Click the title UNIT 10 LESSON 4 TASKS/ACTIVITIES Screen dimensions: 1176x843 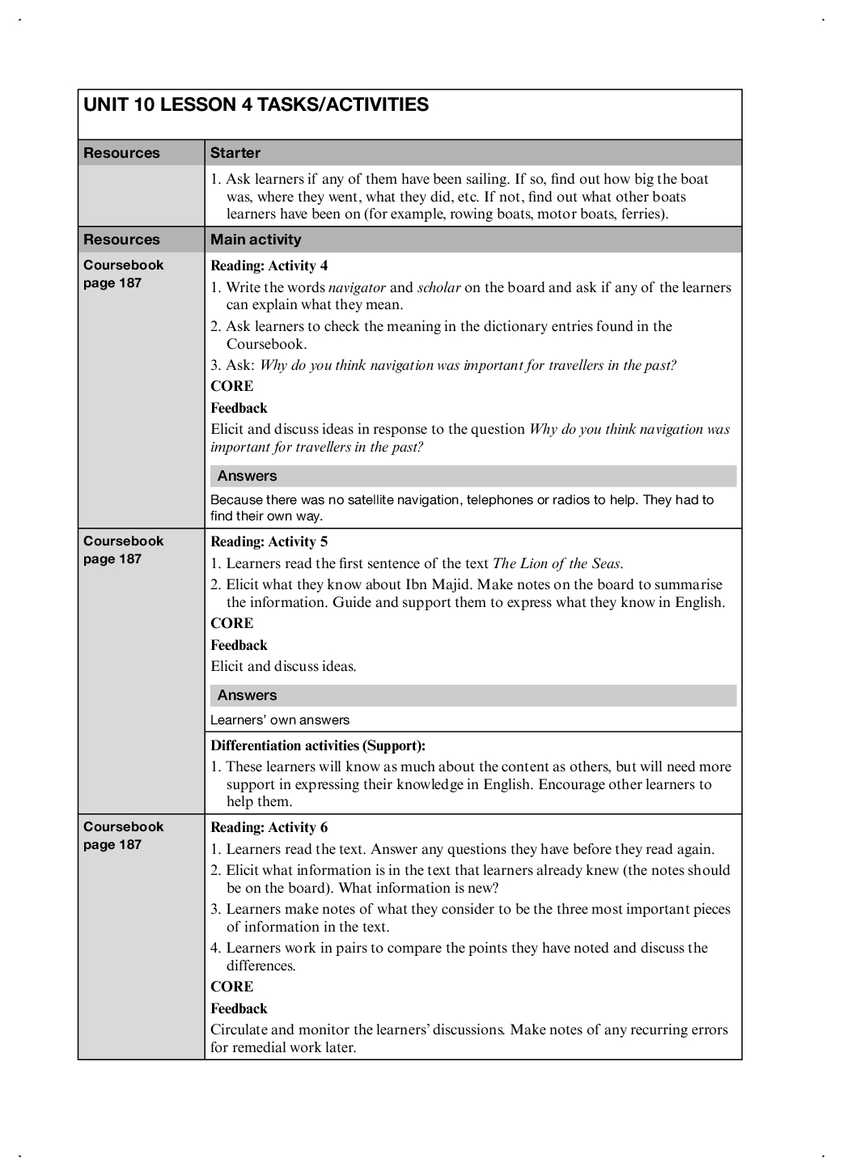pyautogui.click(x=256, y=105)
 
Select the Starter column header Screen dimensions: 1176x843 pyautogui.click(x=235, y=153)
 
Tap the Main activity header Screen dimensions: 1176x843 pyautogui.click(x=256, y=240)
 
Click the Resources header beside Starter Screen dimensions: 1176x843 pyautogui.click(x=121, y=153)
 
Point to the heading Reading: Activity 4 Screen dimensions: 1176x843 pyautogui.click(x=269, y=265)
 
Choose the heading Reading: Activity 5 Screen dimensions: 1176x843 pyautogui.click(x=269, y=541)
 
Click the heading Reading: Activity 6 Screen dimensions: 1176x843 pyautogui.click(x=269, y=827)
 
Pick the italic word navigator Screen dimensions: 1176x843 pyautogui.click(x=357, y=287)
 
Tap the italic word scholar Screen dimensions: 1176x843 pyautogui.click(x=438, y=287)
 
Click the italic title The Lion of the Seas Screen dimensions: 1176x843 pyautogui.click(x=557, y=563)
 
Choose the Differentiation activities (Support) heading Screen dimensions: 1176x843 pyautogui.click(x=318, y=745)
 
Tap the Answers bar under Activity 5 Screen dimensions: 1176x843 pyautogui.click(x=473, y=695)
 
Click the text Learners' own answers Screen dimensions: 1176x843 pyautogui.click(x=280, y=720)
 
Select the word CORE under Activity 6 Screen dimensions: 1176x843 pyautogui.click(x=231, y=987)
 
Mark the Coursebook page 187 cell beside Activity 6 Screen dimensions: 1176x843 pyautogui.click(x=123, y=835)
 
